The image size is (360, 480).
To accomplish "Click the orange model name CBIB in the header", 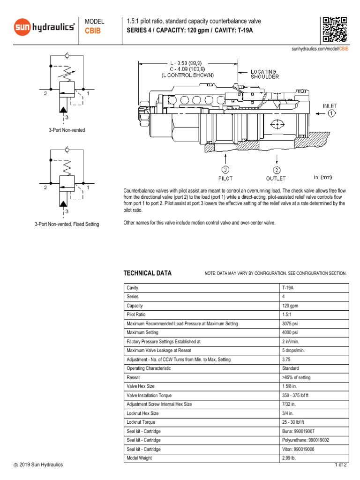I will tap(92, 31).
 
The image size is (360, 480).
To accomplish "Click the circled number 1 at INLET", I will tap(331, 113).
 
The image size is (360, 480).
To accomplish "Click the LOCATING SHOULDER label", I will tap(265, 74).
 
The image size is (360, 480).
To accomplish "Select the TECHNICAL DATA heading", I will tap(147, 273).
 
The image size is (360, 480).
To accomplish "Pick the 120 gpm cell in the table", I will tap(291, 306).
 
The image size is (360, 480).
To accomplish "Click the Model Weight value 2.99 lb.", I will tap(289, 458).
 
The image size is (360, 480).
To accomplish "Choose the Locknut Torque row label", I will tap(141, 422).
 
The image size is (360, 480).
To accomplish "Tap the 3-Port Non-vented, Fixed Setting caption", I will tap(67, 225).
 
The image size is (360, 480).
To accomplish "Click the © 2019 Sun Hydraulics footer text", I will tap(38, 465).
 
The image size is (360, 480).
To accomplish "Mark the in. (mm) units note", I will tap(323, 177).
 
